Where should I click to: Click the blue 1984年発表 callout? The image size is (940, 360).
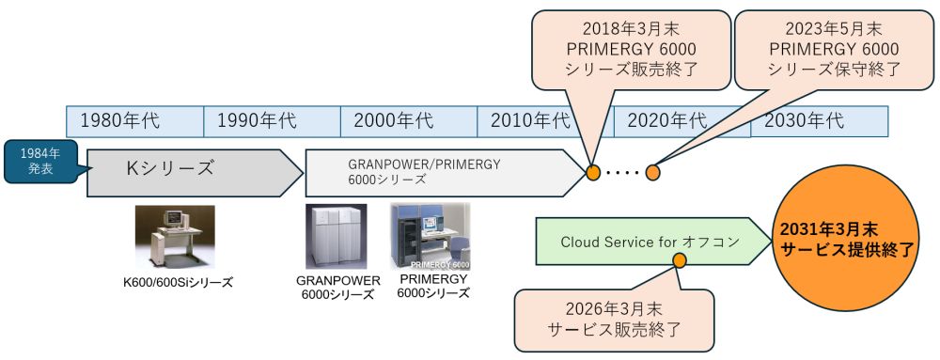(40, 161)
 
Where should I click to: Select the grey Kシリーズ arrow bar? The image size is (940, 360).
(188, 169)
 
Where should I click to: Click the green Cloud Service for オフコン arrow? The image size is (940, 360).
(649, 242)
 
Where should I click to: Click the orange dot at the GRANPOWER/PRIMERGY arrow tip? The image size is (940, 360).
(593, 172)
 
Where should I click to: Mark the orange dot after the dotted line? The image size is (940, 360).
(653, 172)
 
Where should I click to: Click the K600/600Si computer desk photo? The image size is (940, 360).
(175, 237)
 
